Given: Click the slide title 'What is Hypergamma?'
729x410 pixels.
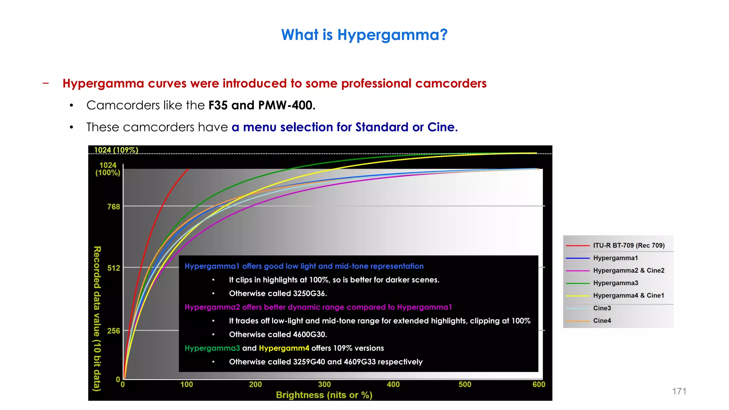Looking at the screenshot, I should point(364,35).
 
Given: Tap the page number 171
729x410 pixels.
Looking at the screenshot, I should point(679,391).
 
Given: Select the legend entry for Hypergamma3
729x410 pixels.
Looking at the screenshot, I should point(615,283).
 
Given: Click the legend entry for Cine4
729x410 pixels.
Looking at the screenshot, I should point(602,321).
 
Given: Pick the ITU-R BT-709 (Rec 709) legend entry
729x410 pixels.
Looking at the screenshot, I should point(629,246).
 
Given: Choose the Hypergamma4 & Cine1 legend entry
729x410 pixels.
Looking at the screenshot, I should point(628,296).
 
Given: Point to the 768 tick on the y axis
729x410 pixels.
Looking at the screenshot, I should point(114,207).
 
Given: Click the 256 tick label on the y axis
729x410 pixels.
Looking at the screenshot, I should point(114,331).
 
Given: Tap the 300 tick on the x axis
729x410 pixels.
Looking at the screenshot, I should point(324,385).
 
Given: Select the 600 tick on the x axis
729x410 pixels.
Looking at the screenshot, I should point(539,385).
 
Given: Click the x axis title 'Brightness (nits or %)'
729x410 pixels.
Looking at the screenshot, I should point(324,395).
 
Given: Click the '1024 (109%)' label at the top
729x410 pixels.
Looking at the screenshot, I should point(116,150).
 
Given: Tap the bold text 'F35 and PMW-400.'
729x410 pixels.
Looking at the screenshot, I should point(262,105).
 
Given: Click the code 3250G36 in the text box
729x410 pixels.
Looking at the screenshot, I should point(309,294).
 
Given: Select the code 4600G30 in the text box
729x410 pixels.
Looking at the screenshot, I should point(309,335).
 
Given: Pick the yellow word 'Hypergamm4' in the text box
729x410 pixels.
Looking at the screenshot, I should point(284,348).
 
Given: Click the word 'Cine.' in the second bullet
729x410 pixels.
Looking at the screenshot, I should point(442,127).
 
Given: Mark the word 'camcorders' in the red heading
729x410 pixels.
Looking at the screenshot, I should point(451,83).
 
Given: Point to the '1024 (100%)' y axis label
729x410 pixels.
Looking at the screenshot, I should point(108,169).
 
